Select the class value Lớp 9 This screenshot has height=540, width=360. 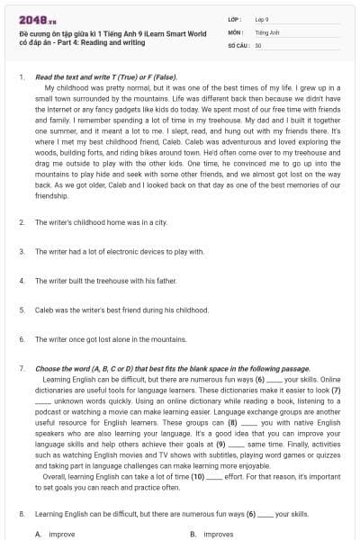[x=261, y=18]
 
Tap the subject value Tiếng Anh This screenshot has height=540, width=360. [x=265, y=31]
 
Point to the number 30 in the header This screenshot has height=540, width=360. [x=258, y=44]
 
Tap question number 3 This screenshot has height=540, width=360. [x=21, y=251]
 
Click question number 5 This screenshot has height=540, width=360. [x=21, y=310]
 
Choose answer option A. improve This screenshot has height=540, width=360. [x=56, y=534]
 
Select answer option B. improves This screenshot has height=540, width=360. [x=212, y=534]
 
